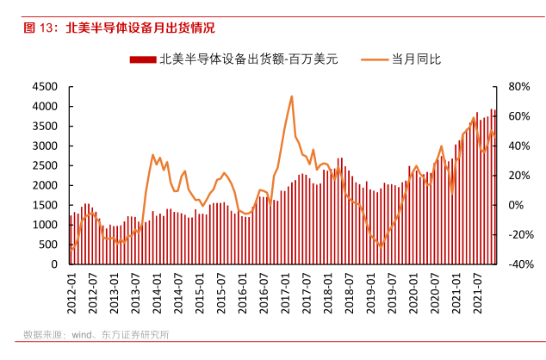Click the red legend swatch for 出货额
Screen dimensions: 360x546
(x=143, y=59)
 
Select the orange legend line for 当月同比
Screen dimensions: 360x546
(x=375, y=59)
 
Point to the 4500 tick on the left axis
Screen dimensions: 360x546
(x=45, y=87)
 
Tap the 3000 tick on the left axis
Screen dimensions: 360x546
(x=45, y=146)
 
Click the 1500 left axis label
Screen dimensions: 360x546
(x=45, y=205)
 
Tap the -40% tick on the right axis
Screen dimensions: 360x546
(x=517, y=264)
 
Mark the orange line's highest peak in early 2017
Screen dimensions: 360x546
(x=292, y=96)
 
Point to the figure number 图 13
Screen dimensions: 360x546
(x=40, y=28)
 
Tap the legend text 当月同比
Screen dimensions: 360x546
(x=417, y=59)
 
